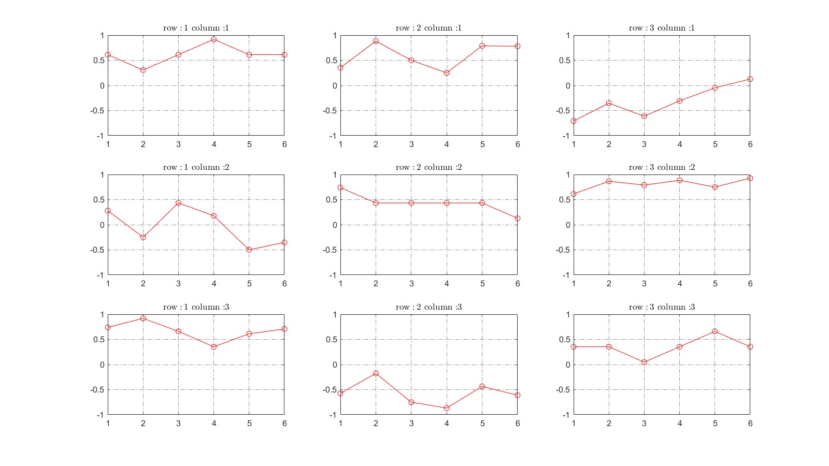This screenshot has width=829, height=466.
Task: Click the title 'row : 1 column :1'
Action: pyautogui.click(x=196, y=28)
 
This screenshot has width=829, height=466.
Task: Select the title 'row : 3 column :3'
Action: pyautogui.click(x=662, y=307)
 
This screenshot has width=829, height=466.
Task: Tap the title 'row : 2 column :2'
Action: pyautogui.click(x=428, y=167)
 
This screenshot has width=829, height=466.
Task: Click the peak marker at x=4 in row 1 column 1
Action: pyautogui.click(x=213, y=39)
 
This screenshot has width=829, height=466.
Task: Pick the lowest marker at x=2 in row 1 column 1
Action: pyautogui.click(x=143, y=70)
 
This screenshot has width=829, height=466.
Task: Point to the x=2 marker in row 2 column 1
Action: pyautogui.click(x=376, y=41)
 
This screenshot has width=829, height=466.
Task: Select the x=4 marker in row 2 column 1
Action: pyautogui.click(x=447, y=73)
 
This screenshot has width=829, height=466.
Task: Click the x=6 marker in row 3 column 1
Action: pyautogui.click(x=750, y=79)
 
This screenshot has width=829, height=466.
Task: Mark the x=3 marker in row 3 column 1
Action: pyautogui.click(x=644, y=116)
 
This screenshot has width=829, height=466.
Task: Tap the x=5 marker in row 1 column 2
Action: pyautogui.click(x=249, y=250)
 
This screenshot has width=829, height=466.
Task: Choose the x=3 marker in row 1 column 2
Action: pyautogui.click(x=178, y=203)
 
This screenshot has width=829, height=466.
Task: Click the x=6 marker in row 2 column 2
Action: pyautogui.click(x=517, y=219)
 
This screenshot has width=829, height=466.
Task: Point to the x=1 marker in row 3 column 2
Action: pyautogui.click(x=574, y=194)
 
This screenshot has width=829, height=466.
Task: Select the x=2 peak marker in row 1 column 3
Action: pyautogui.click(x=143, y=318)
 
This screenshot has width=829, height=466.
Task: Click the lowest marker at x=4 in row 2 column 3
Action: pyautogui.click(x=447, y=408)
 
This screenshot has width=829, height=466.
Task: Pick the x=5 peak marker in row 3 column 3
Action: pyautogui.click(x=714, y=331)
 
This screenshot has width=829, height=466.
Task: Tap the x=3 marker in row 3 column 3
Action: pyautogui.click(x=644, y=362)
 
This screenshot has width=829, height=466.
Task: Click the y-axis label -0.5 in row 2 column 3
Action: pyautogui.click(x=330, y=390)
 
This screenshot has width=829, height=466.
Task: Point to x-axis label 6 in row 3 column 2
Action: pyautogui.click(x=750, y=284)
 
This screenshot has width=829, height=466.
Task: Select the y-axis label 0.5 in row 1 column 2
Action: pyautogui.click(x=98, y=200)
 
